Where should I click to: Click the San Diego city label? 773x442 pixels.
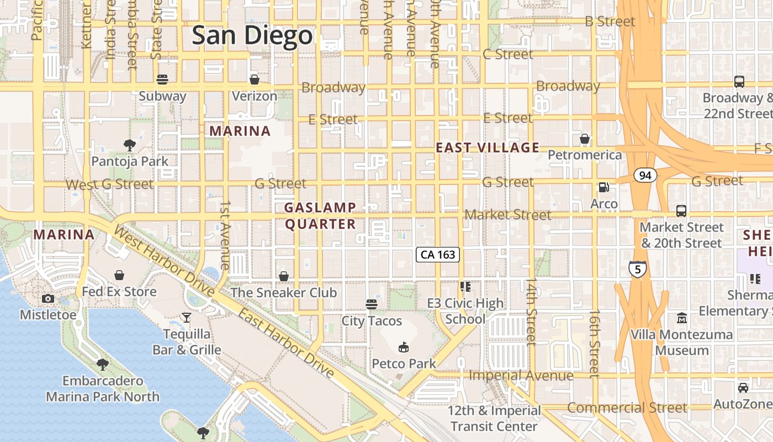(x=252, y=36)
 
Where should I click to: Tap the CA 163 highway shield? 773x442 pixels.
(x=437, y=254)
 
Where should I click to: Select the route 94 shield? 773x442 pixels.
(x=644, y=176)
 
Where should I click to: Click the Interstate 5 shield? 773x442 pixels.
(x=638, y=270)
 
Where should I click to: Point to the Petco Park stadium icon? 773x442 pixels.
(x=404, y=347)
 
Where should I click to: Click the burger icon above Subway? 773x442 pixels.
(x=162, y=79)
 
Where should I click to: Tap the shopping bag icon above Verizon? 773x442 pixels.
(x=255, y=79)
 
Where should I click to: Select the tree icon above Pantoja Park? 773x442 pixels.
(x=130, y=145)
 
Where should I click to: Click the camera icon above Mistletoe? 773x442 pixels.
(x=48, y=299)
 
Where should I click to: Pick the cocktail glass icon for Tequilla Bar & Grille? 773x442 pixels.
(x=187, y=317)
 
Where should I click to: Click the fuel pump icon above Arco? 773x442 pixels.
(x=604, y=187)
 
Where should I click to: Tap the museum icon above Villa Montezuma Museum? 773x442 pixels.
(x=682, y=318)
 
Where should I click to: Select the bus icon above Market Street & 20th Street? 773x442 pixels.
(x=681, y=211)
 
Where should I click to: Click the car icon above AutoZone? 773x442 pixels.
(x=743, y=388)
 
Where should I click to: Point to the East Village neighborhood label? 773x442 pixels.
(x=487, y=148)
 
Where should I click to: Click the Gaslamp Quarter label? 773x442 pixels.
(x=320, y=215)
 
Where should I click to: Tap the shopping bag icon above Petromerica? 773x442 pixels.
(x=585, y=138)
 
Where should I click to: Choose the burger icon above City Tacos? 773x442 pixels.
(x=372, y=304)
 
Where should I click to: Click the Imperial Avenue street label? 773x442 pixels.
(x=521, y=376)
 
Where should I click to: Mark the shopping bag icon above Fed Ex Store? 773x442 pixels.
(x=119, y=275)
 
